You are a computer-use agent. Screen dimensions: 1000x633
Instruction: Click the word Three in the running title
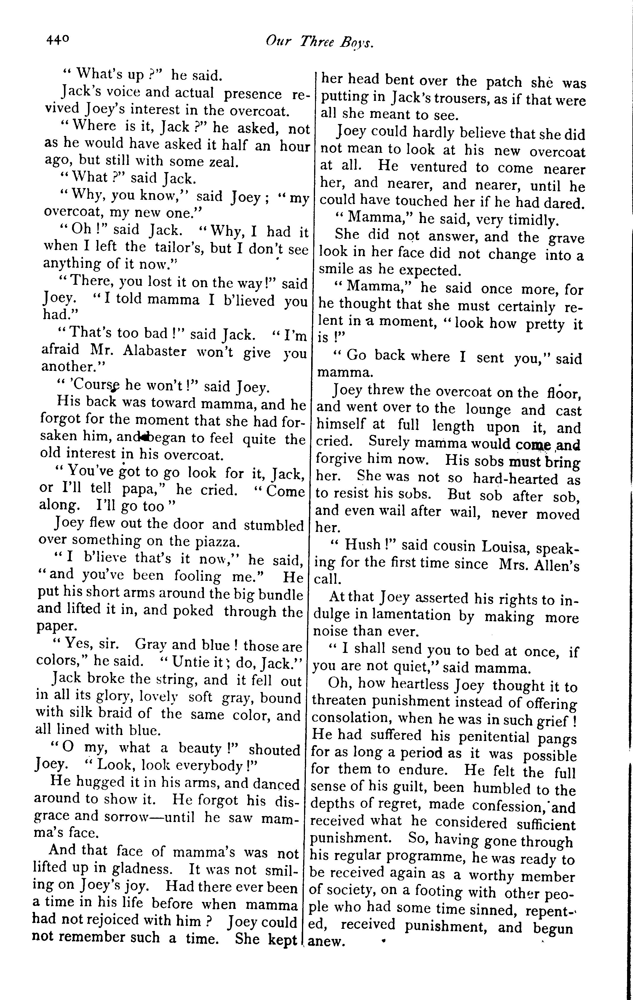[x=317, y=41]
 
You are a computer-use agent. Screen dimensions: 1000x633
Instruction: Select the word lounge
[x=488, y=409]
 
